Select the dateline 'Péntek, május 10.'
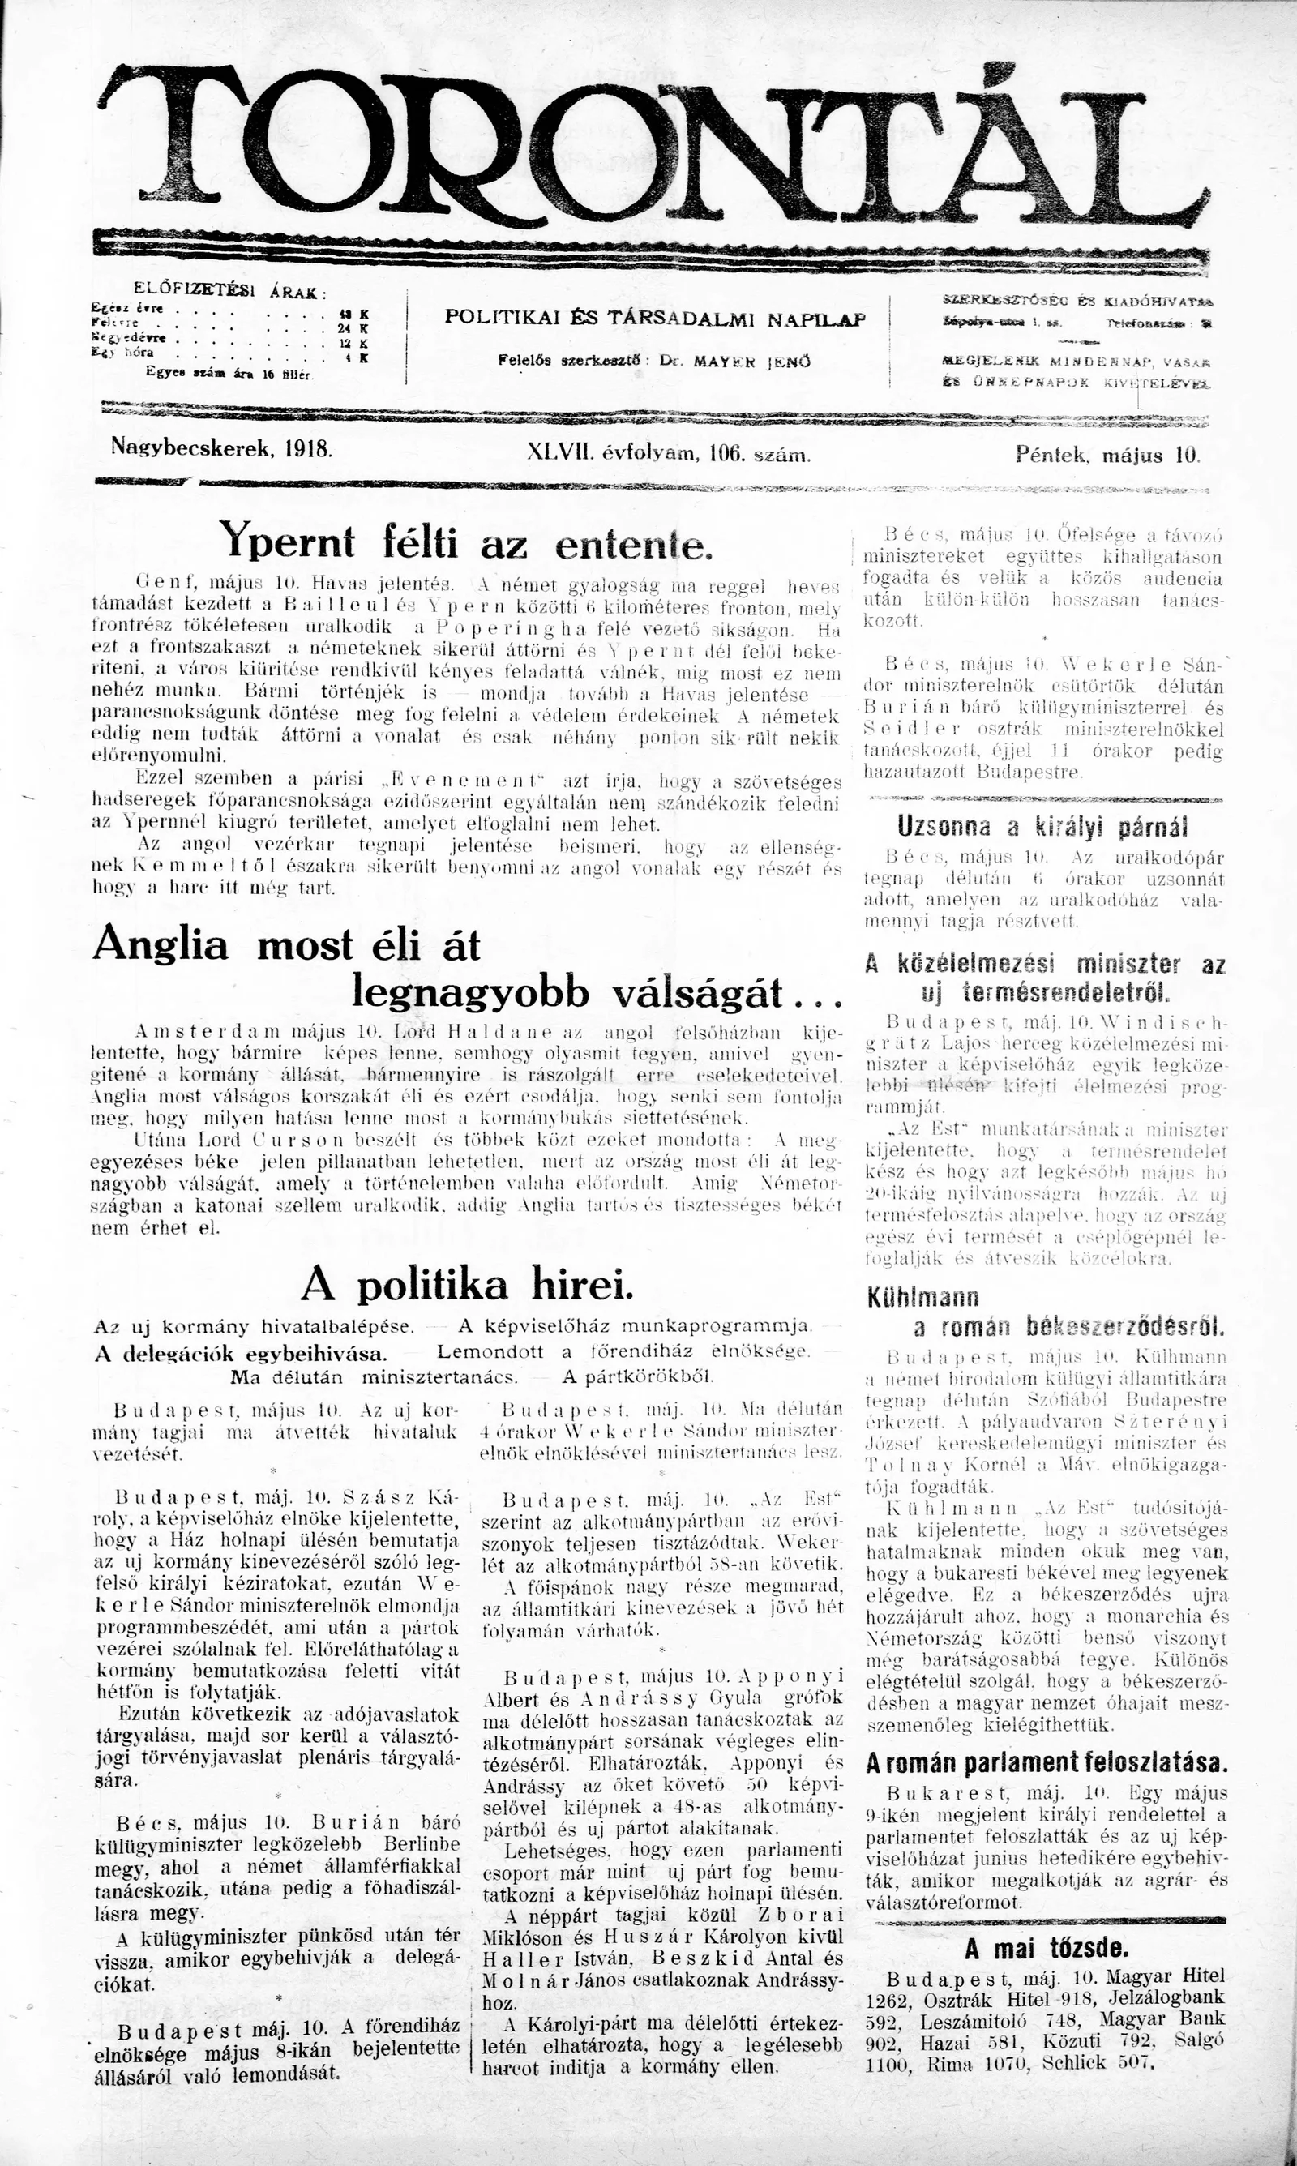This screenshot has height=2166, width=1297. pyautogui.click(x=1108, y=454)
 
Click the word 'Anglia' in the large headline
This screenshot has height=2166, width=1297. pyautogui.click(x=161, y=944)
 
